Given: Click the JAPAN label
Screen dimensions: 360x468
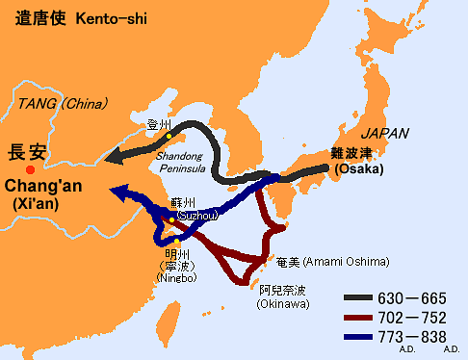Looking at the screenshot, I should [385, 134].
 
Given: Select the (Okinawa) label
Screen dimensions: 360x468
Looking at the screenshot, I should [282, 304].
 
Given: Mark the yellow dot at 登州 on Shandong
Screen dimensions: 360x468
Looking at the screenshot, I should [170, 136].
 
